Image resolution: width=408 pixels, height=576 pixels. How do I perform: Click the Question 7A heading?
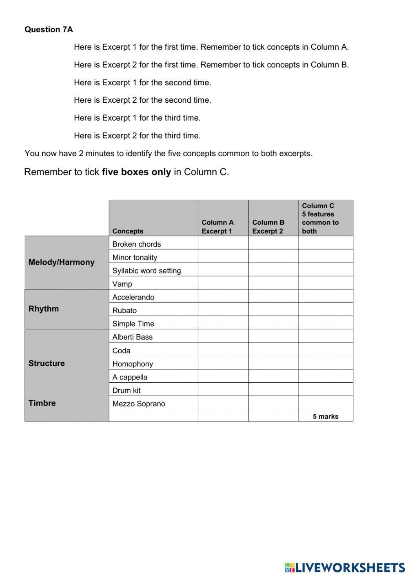(49, 29)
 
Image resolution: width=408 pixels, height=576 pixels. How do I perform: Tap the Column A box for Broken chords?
(223, 243)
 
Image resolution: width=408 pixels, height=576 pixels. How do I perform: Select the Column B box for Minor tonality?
(273, 256)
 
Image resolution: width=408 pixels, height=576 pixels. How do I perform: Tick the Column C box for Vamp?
(325, 283)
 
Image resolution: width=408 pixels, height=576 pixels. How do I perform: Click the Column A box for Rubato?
(223, 309)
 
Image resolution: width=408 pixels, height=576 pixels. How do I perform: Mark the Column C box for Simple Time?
(325, 323)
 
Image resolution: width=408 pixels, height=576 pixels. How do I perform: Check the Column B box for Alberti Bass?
(273, 336)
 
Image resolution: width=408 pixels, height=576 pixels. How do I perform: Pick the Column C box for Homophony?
(325, 363)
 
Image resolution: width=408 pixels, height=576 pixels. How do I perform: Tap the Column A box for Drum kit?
(223, 389)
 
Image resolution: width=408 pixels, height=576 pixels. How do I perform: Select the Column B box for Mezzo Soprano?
(273, 403)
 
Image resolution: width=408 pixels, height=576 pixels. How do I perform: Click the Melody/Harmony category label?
(61, 262)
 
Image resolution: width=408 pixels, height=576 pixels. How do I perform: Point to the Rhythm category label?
(44, 309)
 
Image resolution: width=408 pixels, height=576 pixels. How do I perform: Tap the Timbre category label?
(42, 403)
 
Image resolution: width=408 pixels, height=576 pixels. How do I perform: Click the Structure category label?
(47, 363)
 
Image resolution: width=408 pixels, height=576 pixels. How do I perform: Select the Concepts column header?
(128, 231)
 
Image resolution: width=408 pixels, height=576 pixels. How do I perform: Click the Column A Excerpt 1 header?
(217, 227)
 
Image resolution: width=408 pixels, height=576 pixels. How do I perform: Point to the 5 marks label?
(326, 416)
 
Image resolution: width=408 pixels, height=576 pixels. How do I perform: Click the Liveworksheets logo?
(345, 567)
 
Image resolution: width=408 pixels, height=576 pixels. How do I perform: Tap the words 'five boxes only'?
(136, 172)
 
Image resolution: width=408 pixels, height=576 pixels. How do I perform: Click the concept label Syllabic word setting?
(146, 271)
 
